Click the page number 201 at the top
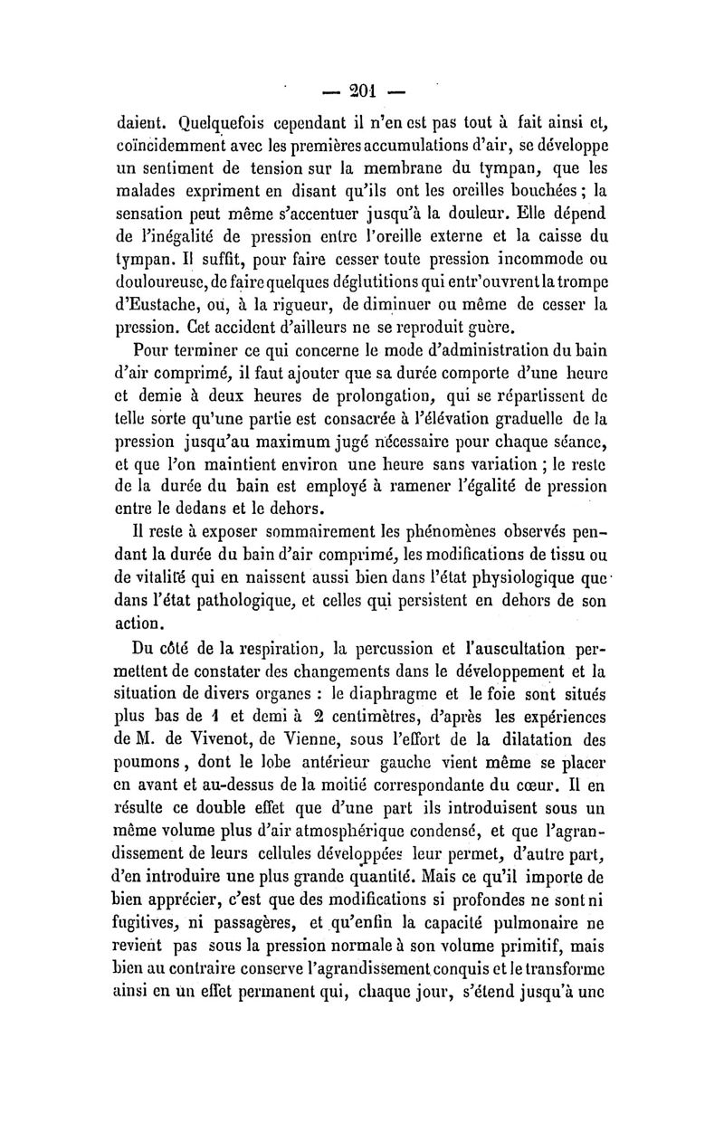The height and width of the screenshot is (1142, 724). (x=364, y=91)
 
